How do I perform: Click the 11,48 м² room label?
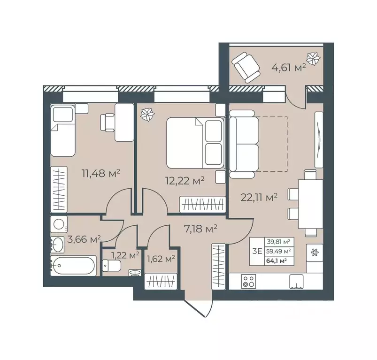101,173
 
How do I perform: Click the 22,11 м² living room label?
259,197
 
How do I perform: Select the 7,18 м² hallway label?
199,229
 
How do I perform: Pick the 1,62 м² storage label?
161,258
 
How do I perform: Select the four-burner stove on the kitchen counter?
248,281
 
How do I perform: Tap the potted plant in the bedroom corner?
148,114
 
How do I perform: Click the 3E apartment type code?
257,251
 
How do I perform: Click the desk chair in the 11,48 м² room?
107,123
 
